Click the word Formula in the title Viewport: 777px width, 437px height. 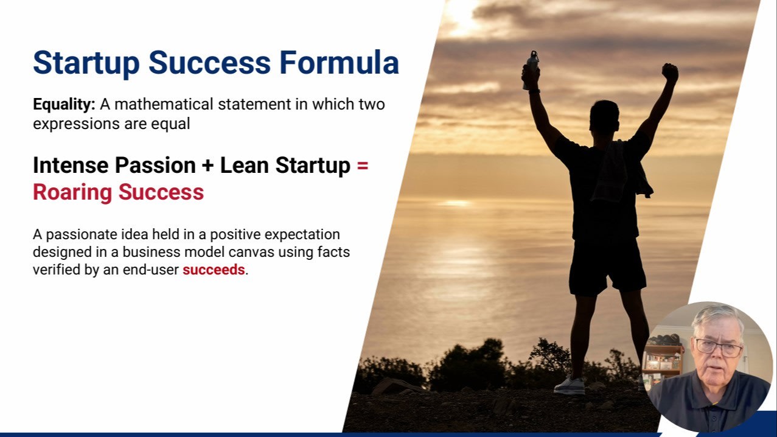tap(339, 63)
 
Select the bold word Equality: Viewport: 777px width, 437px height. tap(64, 105)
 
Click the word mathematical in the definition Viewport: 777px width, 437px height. tap(164, 104)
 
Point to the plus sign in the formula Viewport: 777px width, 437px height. tap(207, 165)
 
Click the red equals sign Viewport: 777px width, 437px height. tap(363, 166)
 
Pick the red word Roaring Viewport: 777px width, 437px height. tap(72, 193)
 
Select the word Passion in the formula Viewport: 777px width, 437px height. tap(155, 165)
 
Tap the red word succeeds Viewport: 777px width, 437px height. tap(214, 270)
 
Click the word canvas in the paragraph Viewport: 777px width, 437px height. tap(251, 253)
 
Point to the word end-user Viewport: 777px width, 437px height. tap(150, 270)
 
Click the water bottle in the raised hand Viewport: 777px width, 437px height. tap(531, 68)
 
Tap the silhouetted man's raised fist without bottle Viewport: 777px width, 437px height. tap(670, 72)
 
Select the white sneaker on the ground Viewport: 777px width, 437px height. tap(570, 386)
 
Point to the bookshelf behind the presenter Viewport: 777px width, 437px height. tap(662, 365)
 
